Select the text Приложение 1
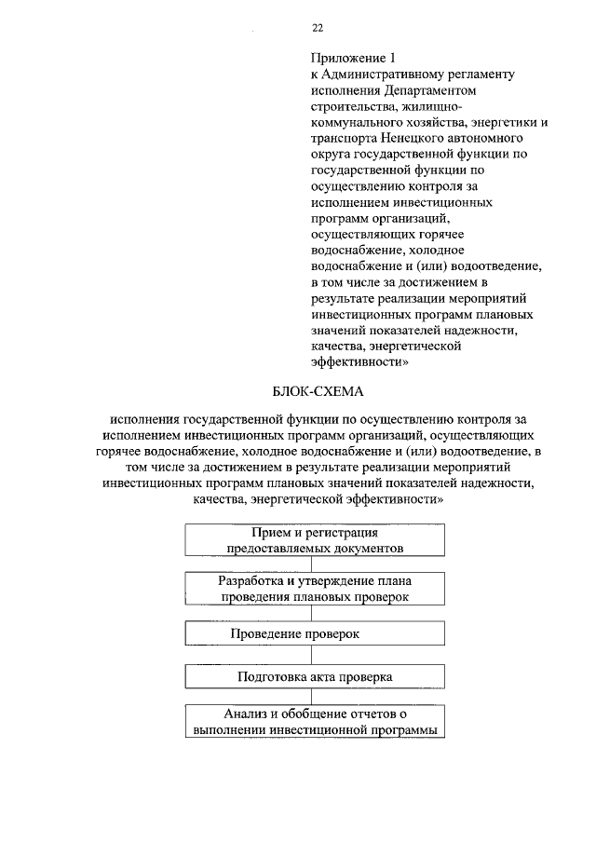(345, 56)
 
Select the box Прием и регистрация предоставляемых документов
(314, 540)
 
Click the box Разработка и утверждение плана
(314, 587)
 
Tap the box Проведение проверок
(314, 633)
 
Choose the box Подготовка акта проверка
(314, 677)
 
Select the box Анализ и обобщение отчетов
(314, 722)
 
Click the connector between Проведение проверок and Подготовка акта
(314, 655)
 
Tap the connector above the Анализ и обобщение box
(314, 699)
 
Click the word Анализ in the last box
(244, 714)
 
